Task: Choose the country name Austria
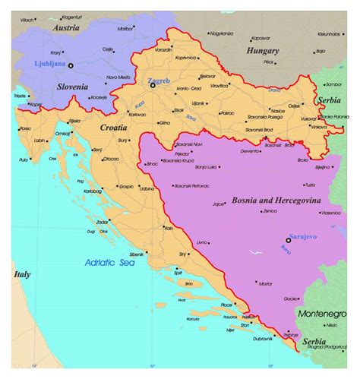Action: click(x=66, y=28)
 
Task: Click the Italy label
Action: click(x=21, y=273)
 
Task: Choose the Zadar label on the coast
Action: click(x=102, y=222)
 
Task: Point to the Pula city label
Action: click(x=24, y=159)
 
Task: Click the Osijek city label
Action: click(x=294, y=105)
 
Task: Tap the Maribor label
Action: click(x=125, y=29)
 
